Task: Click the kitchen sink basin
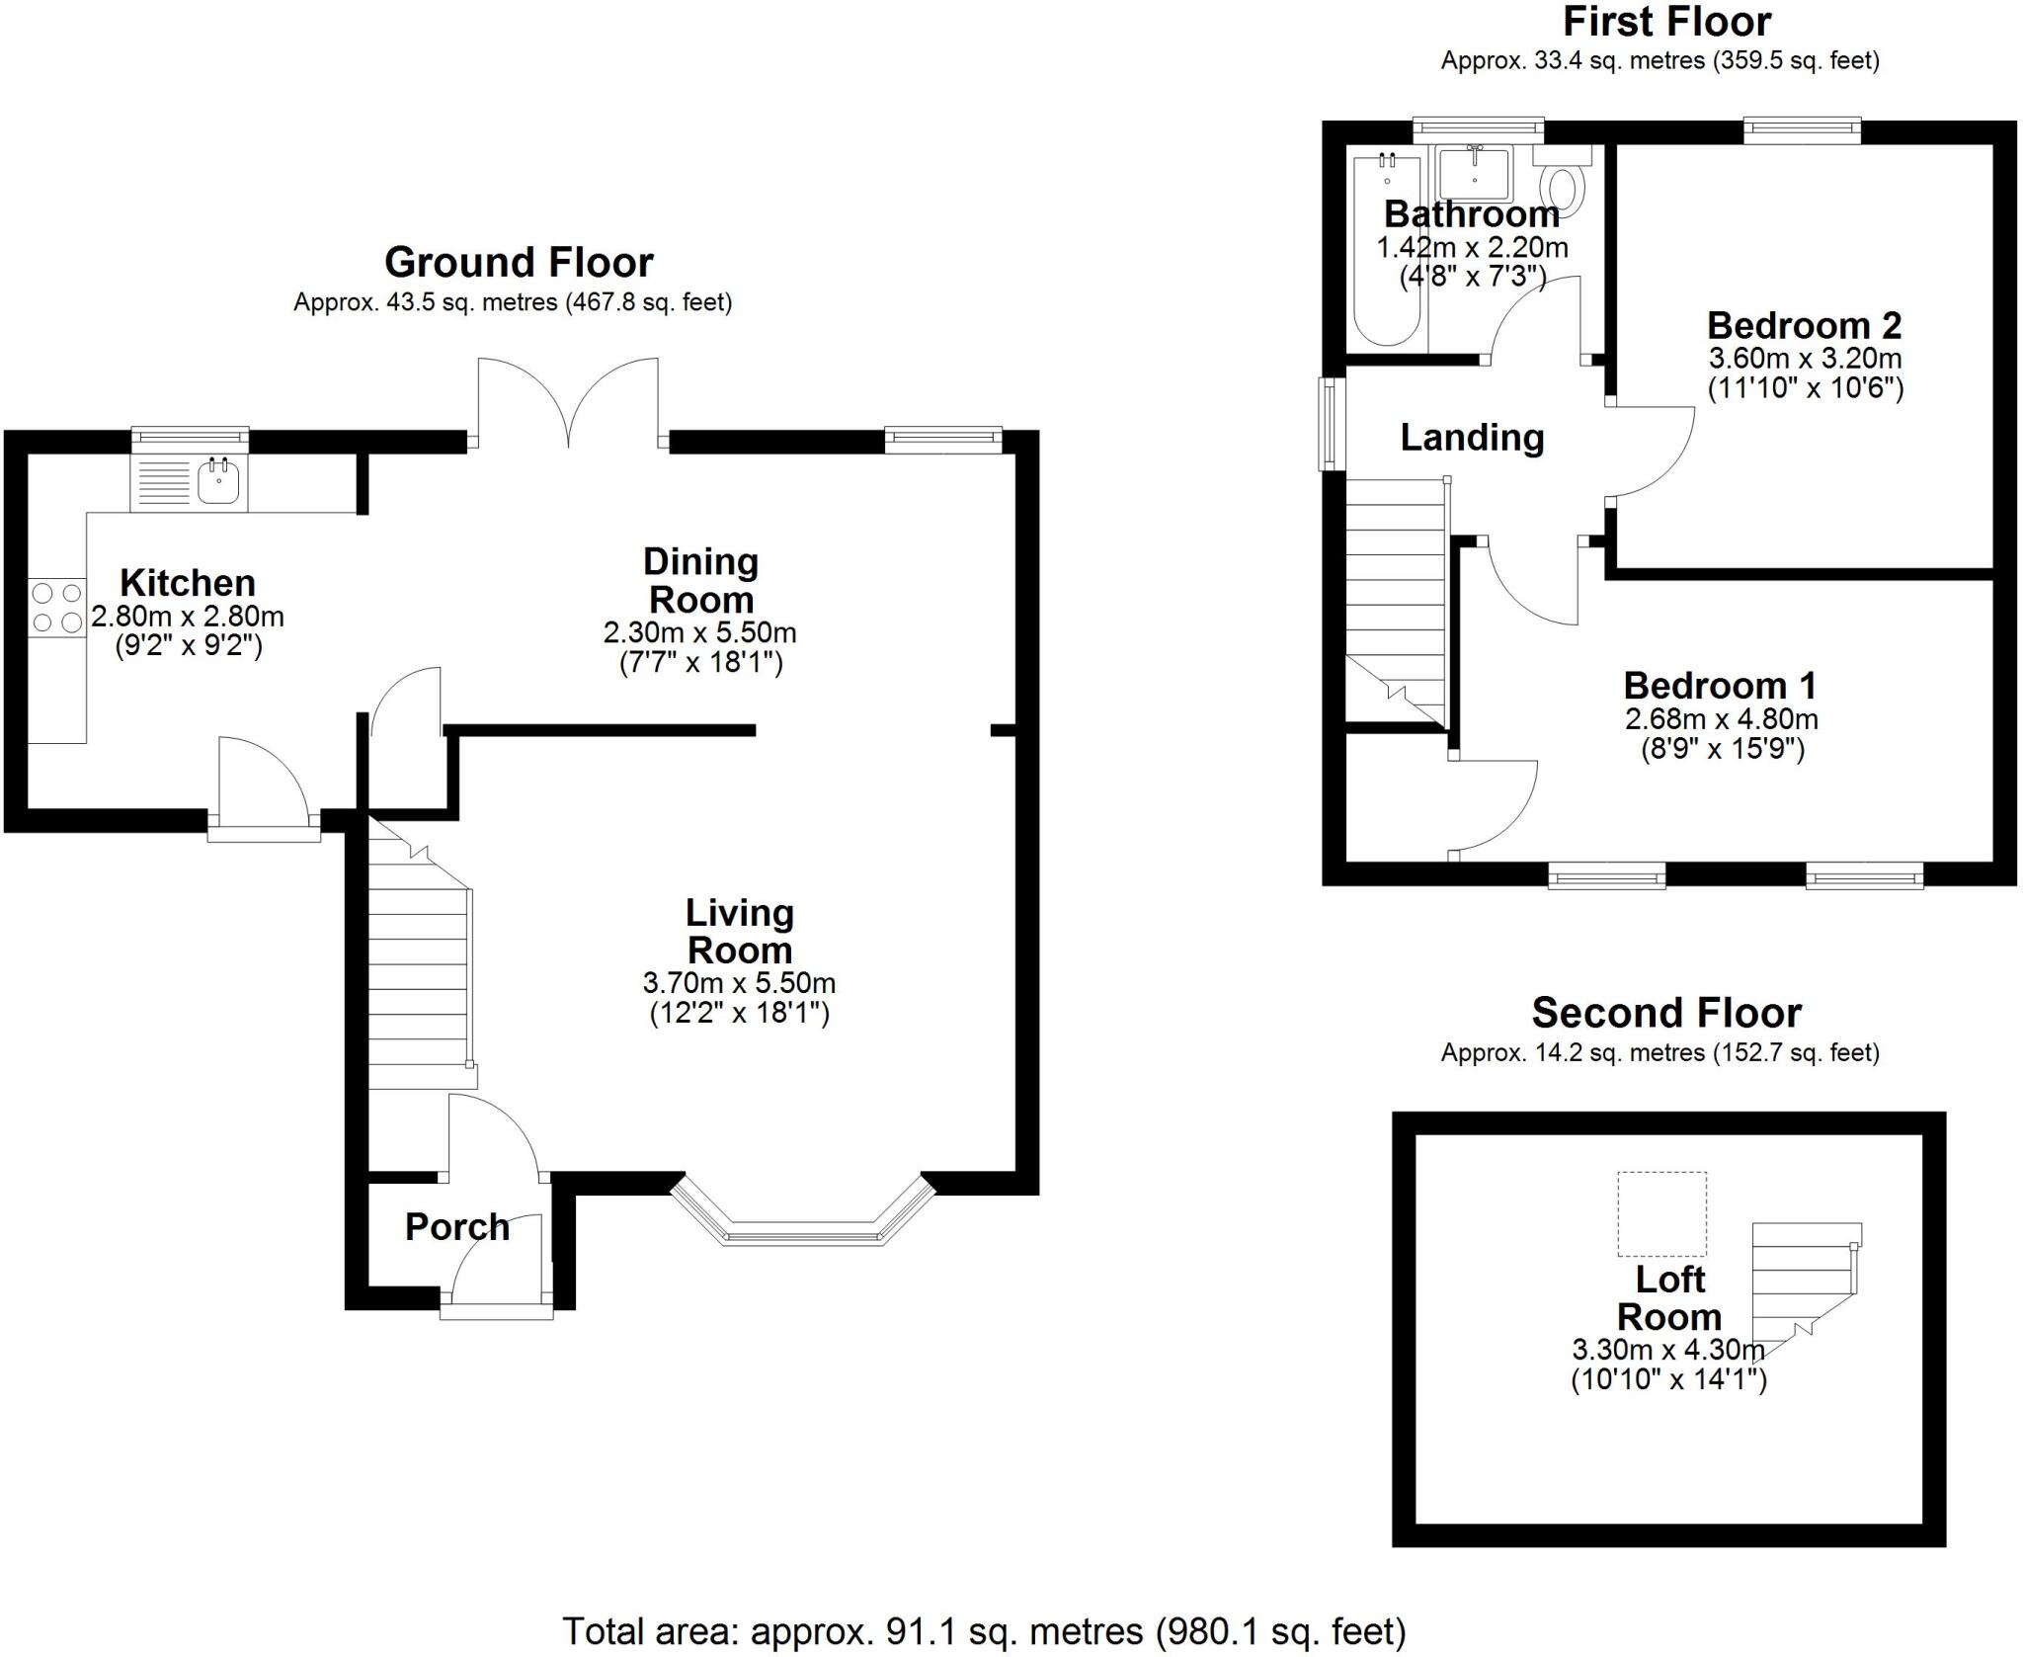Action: (x=218, y=482)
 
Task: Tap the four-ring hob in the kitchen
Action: (x=56, y=608)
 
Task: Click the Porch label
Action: (x=457, y=1227)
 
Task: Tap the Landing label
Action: (x=1472, y=437)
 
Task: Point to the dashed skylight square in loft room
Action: (x=1661, y=1213)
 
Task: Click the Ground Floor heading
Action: (x=519, y=263)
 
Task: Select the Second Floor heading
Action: (x=1666, y=1013)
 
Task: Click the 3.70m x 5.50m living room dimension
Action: (x=739, y=983)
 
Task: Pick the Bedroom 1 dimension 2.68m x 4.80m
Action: (x=1722, y=719)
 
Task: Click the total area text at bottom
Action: (x=984, y=1631)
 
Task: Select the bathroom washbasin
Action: (x=1474, y=173)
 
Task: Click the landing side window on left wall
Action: (x=1332, y=424)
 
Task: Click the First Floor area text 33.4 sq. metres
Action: (x=1659, y=61)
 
